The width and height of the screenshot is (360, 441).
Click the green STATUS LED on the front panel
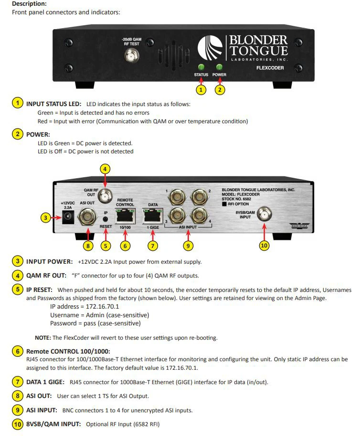pyautogui.click(x=201, y=67)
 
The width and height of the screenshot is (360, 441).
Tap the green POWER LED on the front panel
pyautogui.click(x=220, y=67)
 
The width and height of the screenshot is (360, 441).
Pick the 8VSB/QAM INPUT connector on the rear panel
pyautogui.click(x=263, y=216)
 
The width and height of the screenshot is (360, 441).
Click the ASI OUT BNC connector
pyautogui.click(x=88, y=218)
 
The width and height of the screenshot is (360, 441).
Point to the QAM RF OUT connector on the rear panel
pyautogui.click(x=106, y=194)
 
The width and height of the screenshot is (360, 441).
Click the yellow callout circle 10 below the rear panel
pyautogui.click(x=264, y=246)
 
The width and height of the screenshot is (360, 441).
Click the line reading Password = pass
pyautogui.click(x=95, y=323)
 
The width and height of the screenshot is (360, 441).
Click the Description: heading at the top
pyautogui.click(x=29, y=3)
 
